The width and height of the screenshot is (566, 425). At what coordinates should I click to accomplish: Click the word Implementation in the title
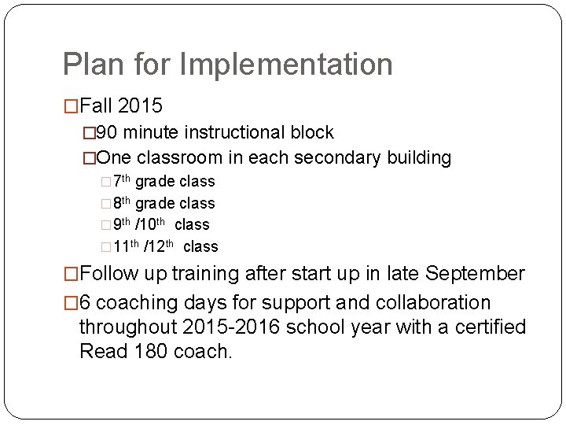pos(286,65)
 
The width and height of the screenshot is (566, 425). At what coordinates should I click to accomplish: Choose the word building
pos(419,158)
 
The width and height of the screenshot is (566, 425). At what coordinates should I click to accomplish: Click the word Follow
pos(109,274)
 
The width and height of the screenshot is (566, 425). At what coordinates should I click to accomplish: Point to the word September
pos(475,274)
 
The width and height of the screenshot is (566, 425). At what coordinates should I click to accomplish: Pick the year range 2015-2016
pos(230,327)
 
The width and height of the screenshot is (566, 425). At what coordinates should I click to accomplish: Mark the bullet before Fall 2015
pos(71,105)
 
